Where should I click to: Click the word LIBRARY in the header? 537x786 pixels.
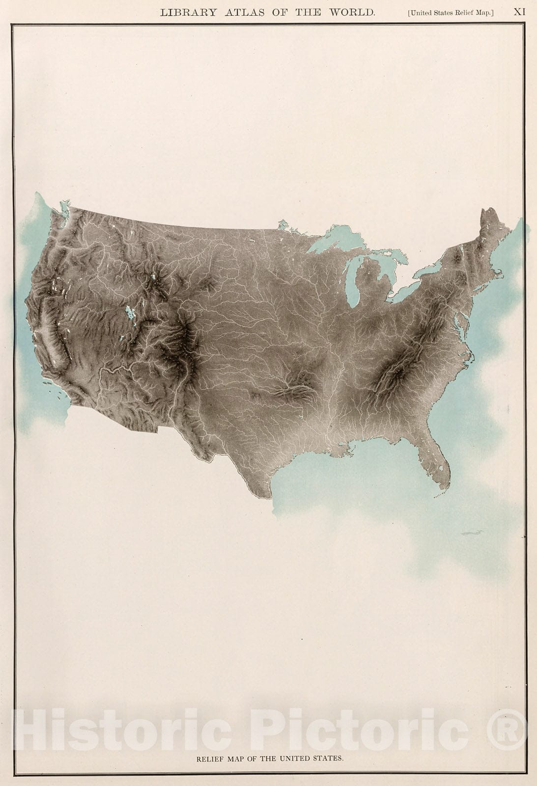188,13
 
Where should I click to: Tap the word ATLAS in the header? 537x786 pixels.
243,13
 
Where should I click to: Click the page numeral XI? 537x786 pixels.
519,12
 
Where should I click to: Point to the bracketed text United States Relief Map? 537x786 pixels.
451,13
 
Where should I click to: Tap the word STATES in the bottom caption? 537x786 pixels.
328,758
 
